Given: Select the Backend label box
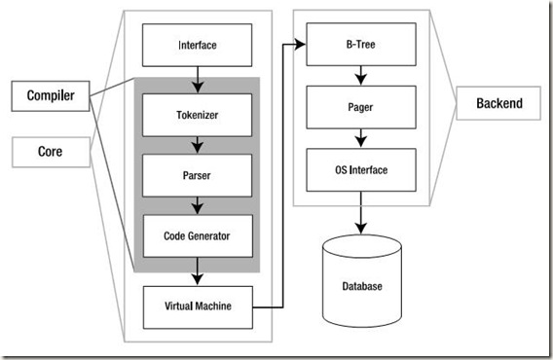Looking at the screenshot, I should point(499,102).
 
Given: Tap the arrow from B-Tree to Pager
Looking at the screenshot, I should point(360,75).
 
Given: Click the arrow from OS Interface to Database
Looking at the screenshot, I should point(360,213).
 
